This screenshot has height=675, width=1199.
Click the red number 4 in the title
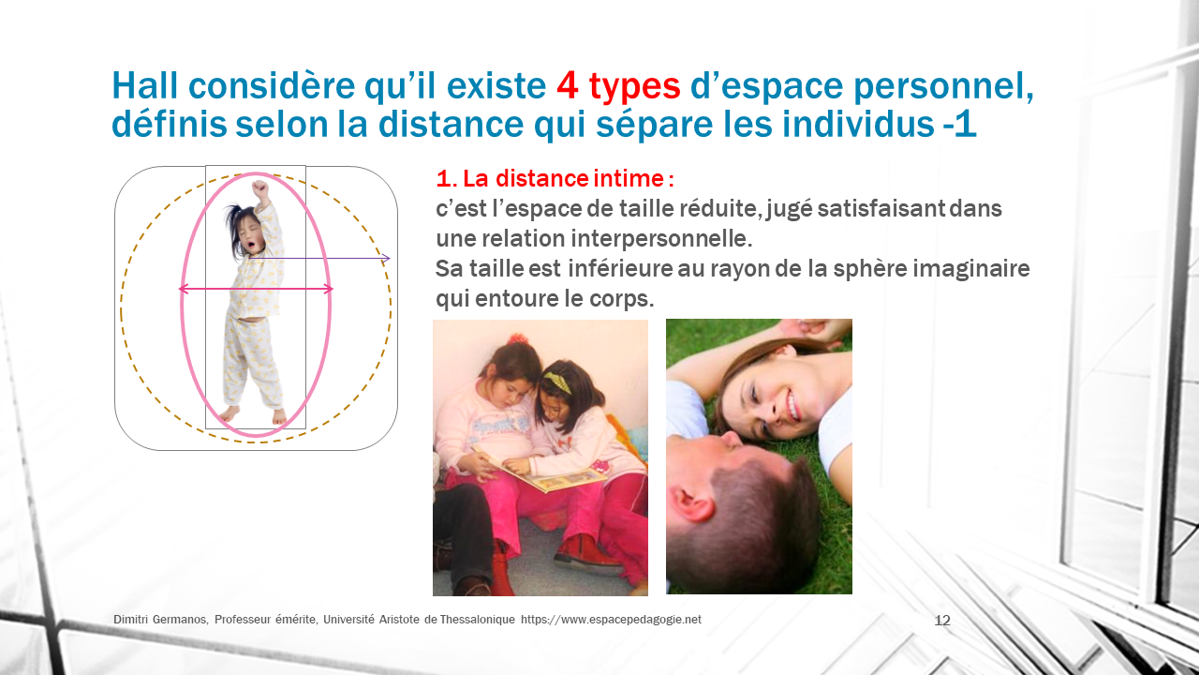pyautogui.click(x=568, y=85)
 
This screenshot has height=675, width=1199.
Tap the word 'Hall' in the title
pyautogui.click(x=144, y=84)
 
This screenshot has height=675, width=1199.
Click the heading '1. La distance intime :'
pyautogui.click(x=555, y=179)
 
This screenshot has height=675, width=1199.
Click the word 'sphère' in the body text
pyautogui.click(x=870, y=268)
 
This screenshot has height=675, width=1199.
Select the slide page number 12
pyautogui.click(x=942, y=621)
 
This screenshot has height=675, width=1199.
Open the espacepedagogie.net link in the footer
pyautogui.click(x=611, y=620)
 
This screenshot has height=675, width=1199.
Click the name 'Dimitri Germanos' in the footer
pyautogui.click(x=160, y=620)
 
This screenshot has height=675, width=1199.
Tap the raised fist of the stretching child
pyautogui.click(x=260, y=188)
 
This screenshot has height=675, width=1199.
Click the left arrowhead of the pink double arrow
pyautogui.click(x=184, y=290)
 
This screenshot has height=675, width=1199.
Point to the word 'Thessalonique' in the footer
pyautogui.click(x=478, y=620)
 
